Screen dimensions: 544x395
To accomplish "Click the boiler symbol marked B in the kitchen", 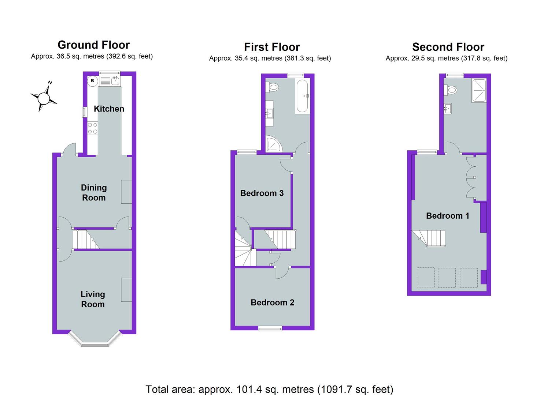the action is [x=93, y=81].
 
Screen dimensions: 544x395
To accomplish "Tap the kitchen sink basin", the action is [x=115, y=81].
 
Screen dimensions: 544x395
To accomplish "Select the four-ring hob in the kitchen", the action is [x=93, y=128].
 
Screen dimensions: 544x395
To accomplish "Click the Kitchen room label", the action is [x=109, y=109].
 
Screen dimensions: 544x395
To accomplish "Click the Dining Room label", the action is [x=94, y=193].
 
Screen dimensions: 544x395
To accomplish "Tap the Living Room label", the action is [x=93, y=300].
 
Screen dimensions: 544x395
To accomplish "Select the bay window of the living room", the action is [x=95, y=339].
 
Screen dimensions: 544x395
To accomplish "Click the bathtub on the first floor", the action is [x=302, y=96].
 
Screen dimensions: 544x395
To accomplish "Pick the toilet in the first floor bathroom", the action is [x=271, y=87].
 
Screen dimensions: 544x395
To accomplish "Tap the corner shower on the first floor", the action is [x=274, y=145].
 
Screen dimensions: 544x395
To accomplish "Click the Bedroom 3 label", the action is [x=262, y=193].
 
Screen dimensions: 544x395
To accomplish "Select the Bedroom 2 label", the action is [x=273, y=302].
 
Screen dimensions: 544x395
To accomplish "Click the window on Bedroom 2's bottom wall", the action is [x=270, y=328].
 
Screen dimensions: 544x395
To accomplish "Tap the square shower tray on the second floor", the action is [x=479, y=90].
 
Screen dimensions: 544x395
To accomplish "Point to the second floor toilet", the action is [x=450, y=90].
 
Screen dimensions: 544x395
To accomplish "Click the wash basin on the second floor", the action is [x=447, y=109].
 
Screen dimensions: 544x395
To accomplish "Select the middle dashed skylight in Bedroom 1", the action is [x=447, y=278].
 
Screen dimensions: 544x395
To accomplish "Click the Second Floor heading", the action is [x=448, y=47].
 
